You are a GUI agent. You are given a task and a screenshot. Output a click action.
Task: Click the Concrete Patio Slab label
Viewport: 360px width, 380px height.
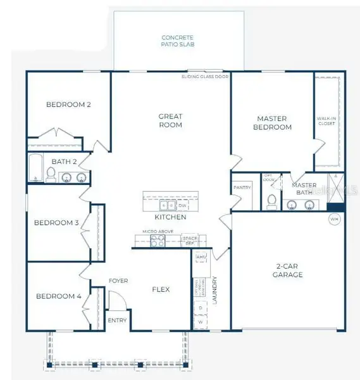[x=177, y=41]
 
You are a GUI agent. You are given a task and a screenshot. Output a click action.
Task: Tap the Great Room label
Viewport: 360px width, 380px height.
[x=170, y=120]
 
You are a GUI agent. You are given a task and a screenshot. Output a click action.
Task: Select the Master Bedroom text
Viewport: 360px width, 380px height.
[x=272, y=123]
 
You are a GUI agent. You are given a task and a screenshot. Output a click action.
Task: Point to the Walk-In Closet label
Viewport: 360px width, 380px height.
[x=326, y=121]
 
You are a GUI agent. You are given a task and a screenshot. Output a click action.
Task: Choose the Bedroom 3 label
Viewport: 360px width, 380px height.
[x=56, y=222]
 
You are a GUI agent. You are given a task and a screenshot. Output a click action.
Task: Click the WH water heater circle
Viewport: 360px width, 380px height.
[x=334, y=219]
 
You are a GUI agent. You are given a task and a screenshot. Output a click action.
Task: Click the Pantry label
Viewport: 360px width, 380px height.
[x=242, y=187]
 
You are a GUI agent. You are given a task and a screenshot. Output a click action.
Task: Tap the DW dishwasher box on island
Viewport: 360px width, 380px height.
[x=182, y=206]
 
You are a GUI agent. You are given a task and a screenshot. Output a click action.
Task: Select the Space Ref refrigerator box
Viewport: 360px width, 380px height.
[x=189, y=241]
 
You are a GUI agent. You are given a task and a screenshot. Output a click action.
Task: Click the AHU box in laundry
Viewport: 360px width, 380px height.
[x=202, y=256]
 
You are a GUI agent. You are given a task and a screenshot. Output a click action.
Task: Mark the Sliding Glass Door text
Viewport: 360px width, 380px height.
[x=205, y=76]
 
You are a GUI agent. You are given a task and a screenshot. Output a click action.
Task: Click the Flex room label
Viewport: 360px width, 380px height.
[x=161, y=289]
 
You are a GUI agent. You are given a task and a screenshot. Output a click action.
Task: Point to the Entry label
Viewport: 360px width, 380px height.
[x=117, y=320]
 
